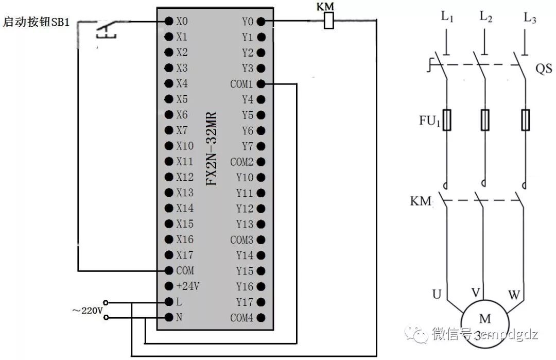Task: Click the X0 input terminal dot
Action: (168, 21)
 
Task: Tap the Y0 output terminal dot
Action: (261, 21)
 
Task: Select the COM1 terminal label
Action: (242, 84)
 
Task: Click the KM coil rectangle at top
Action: (328, 21)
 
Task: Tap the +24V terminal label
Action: (188, 286)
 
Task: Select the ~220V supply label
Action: (87, 311)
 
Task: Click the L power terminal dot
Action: (168, 301)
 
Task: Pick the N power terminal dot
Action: (168, 317)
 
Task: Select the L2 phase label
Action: (486, 17)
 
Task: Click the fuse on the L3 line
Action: (525, 120)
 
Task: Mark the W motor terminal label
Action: (514, 296)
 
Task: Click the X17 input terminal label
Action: (185, 255)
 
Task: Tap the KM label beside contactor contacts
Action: (420, 201)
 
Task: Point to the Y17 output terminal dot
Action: (261, 302)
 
